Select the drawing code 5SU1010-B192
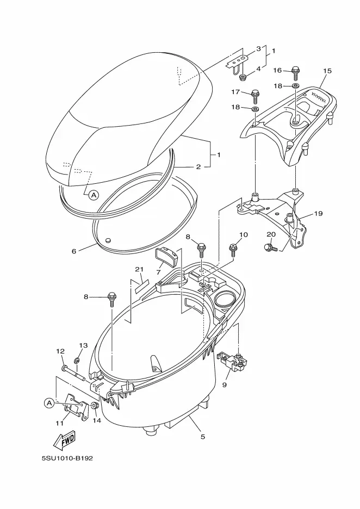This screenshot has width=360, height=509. [x=67, y=458]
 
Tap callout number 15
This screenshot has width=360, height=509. [x=327, y=71]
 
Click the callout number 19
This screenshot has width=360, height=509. [x=318, y=214]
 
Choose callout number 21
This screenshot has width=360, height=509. [x=139, y=269]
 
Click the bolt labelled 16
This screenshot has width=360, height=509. [x=296, y=71]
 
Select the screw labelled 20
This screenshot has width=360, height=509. [x=269, y=247]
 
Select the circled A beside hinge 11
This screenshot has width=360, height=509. [x=48, y=403]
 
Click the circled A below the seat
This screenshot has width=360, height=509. [x=93, y=194]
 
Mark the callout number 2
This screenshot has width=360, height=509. [x=198, y=167]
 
